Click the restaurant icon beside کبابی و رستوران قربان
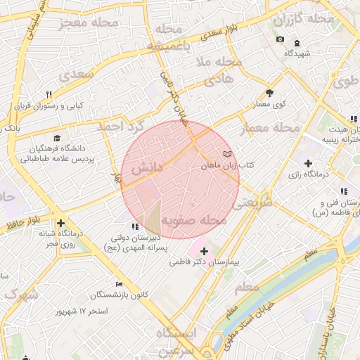click(49, 94)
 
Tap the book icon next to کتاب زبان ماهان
click(226, 153)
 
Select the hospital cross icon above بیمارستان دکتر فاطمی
click(204, 250)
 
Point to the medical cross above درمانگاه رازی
click(307, 163)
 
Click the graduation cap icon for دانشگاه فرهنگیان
click(57, 138)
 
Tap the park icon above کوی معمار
click(269, 93)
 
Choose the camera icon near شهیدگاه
click(281, 39)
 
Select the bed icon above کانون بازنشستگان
click(119, 283)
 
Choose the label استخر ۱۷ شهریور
click(84, 310)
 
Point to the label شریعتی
click(255, 203)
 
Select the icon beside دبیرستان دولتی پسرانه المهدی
click(136, 226)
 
